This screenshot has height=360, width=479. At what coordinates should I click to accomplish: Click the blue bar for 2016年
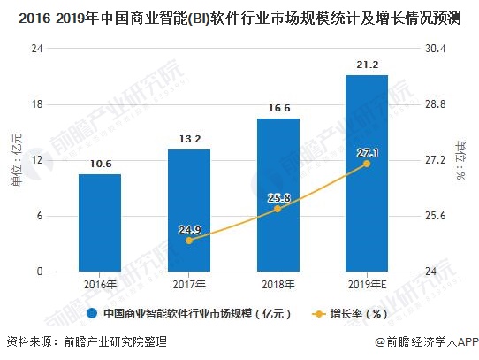[x=100, y=223]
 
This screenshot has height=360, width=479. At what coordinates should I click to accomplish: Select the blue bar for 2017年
[x=189, y=211]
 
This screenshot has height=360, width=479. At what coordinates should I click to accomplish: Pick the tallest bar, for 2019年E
[x=367, y=173]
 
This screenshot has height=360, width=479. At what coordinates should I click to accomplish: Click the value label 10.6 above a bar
[x=100, y=163]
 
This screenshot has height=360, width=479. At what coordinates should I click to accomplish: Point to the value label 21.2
[x=367, y=65]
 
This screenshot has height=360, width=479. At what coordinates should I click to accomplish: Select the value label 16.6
[x=278, y=108]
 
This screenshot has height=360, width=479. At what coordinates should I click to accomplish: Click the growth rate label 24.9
[x=189, y=230]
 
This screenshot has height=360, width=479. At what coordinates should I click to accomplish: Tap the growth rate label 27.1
[x=367, y=153]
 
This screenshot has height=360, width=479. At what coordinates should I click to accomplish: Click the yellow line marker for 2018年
[x=278, y=209]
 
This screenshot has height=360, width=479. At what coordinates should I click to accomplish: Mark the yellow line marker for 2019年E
[x=367, y=164]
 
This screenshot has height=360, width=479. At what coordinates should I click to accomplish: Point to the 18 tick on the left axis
[x=37, y=104]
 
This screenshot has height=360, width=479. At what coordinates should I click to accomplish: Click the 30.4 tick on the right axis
[x=437, y=49]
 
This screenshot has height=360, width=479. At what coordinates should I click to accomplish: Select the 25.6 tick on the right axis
[x=437, y=217]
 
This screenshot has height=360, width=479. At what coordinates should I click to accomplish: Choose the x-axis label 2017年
[x=189, y=284]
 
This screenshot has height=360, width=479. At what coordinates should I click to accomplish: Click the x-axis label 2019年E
[x=367, y=284]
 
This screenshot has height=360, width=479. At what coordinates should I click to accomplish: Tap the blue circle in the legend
[x=91, y=313]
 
